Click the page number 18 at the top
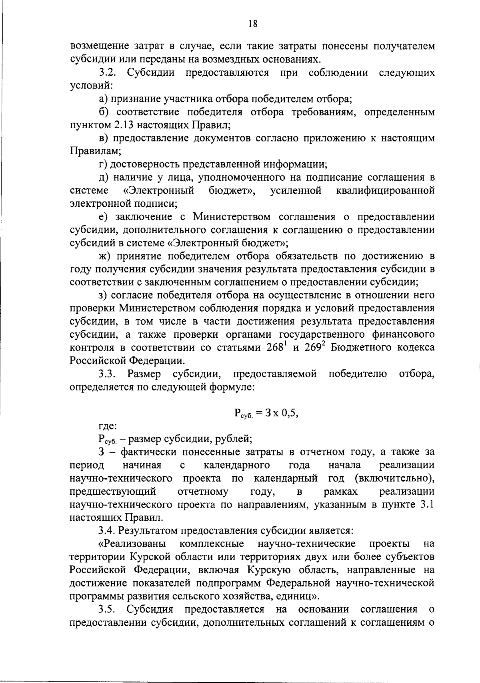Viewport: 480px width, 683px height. pyautogui.click(x=252, y=24)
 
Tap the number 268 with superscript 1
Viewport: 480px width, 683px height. pyautogui.click(x=277, y=347)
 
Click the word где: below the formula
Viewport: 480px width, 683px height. pyautogui.click(x=108, y=426)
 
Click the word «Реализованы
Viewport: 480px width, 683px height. pyautogui.click(x=132, y=544)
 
